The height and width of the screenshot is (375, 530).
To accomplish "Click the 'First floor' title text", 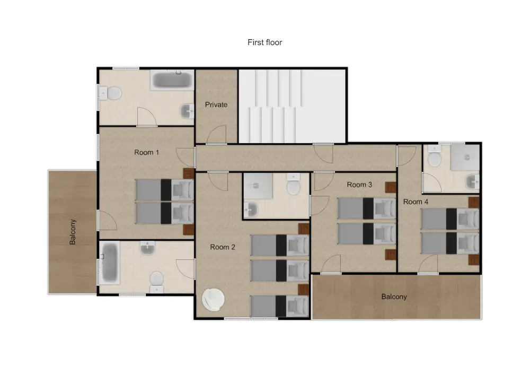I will pos(264,42).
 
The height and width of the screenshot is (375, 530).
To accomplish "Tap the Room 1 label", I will pos(146,153).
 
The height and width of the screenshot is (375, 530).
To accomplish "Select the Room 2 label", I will pos(223,247).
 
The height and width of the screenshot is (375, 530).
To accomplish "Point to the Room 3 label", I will pos(359,185).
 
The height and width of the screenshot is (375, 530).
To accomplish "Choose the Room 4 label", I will pos(416,202).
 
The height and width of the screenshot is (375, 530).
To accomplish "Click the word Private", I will pos(216,105).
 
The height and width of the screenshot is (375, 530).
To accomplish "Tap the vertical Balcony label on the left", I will pos(73,232).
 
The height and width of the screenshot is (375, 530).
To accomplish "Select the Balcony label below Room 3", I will pos(394,297).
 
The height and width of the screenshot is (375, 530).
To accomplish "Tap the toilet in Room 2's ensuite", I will pos(293,187).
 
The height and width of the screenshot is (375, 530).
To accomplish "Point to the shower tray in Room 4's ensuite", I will pos(465,158).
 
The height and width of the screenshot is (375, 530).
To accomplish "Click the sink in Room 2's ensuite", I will pos(251,210).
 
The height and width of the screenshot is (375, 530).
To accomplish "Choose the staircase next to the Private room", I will pos(291,106).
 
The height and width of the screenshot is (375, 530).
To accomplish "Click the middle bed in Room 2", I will pos(279,271).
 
